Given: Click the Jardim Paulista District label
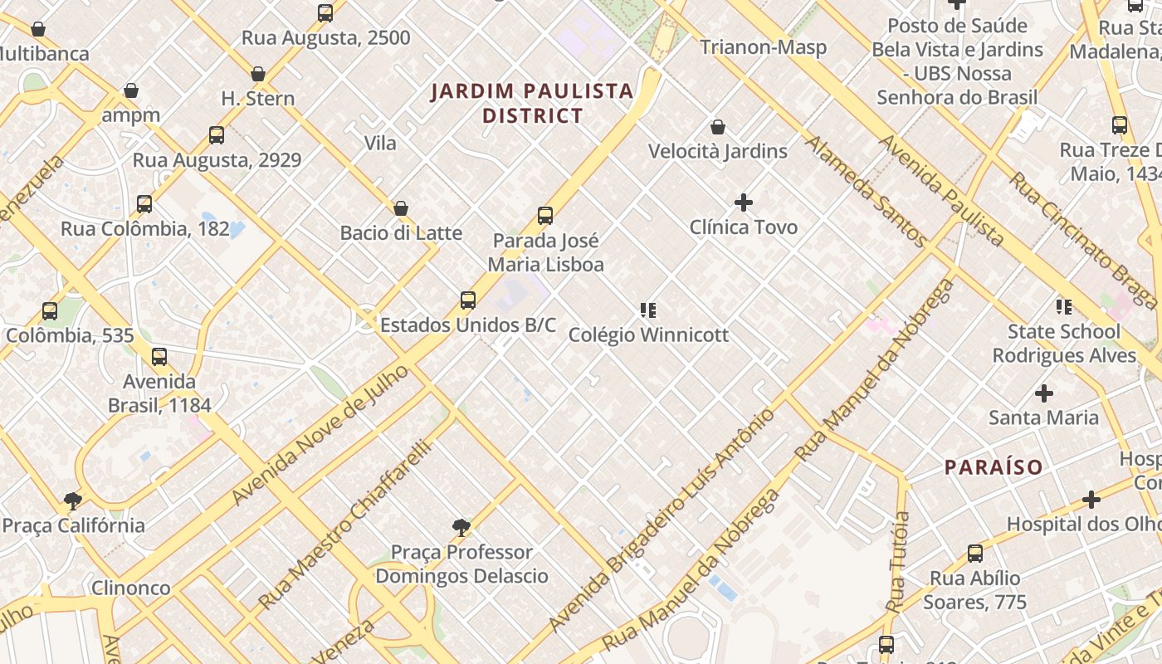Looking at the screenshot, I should click(532, 103).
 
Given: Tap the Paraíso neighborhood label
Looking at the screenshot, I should click(994, 467).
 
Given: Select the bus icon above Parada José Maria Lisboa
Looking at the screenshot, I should click(545, 216).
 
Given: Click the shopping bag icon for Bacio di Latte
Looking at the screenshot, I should click(401, 207).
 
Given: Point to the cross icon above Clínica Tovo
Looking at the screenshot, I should click(744, 202).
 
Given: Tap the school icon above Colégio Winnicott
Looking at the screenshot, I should click(648, 310).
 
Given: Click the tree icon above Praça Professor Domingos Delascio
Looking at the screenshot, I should click(461, 527).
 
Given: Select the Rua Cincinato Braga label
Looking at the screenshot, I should click(1082, 239).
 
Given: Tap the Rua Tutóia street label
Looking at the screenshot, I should click(899, 562).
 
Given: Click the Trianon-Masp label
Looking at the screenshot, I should click(763, 47).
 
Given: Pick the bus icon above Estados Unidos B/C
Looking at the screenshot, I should click(468, 300).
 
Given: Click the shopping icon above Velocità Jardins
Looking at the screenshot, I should click(718, 127).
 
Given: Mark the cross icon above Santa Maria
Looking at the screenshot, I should click(1043, 393).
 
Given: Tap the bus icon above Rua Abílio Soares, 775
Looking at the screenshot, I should click(975, 554).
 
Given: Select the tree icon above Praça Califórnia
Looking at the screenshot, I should click(73, 500).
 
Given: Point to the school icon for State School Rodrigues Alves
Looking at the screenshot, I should click(1064, 307).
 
